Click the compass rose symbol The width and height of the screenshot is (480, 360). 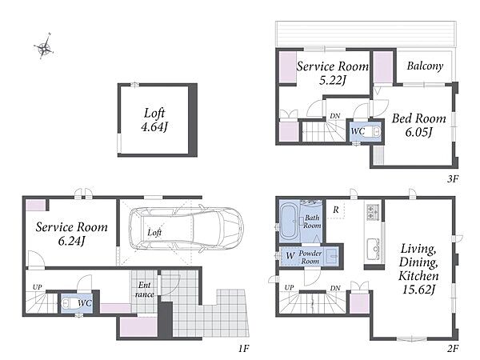(45, 46)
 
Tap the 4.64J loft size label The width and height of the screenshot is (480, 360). (154, 126)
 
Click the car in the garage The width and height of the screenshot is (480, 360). (186, 228)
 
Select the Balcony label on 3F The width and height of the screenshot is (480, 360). (426, 66)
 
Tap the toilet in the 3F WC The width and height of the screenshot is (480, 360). (374, 132)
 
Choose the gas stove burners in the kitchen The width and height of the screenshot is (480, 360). (373, 211)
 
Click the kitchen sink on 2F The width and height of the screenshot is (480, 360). (373, 247)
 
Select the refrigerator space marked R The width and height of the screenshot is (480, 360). (336, 210)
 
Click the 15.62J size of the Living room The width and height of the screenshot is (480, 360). (418, 289)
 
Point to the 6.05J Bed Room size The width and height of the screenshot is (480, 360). (418, 132)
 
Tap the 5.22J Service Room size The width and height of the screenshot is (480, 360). (333, 80)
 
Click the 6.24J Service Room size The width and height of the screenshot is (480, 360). (71, 241)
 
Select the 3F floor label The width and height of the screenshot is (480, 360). (453, 178)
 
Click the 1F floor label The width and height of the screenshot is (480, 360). (244, 348)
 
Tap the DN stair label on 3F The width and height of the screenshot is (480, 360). (335, 116)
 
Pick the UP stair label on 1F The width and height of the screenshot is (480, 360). (37, 287)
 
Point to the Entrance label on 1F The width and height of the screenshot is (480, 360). (145, 290)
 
